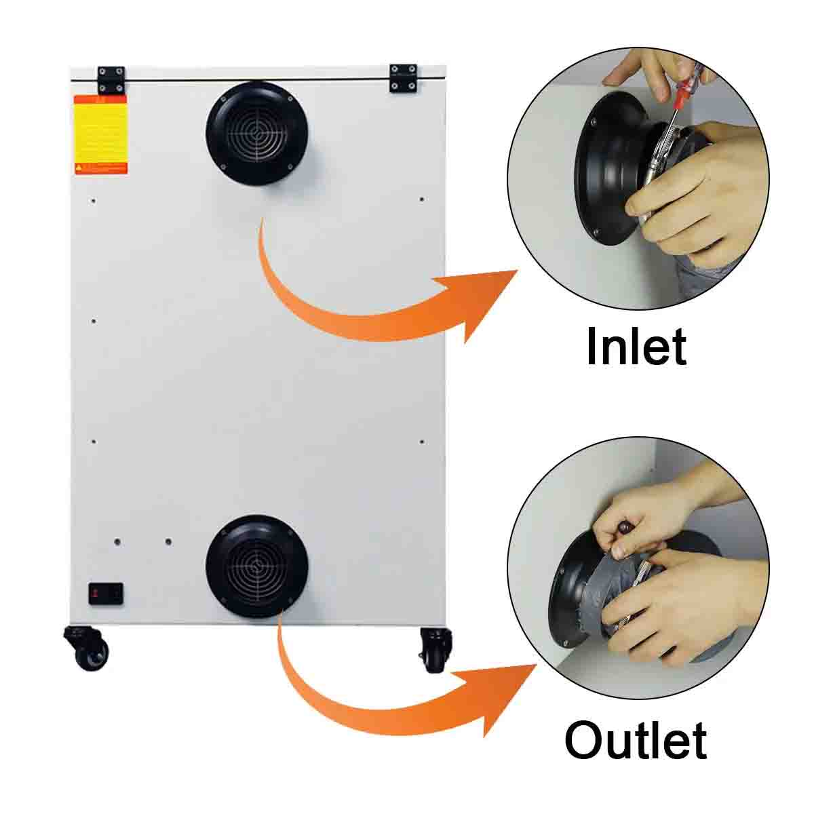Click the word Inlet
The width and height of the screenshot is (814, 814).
(636, 347)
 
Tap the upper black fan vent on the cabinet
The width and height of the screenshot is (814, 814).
(257, 134)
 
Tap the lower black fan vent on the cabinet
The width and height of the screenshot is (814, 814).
(257, 566)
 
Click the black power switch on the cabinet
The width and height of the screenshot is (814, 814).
(104, 594)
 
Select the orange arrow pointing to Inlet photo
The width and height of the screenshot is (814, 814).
(380, 298)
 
